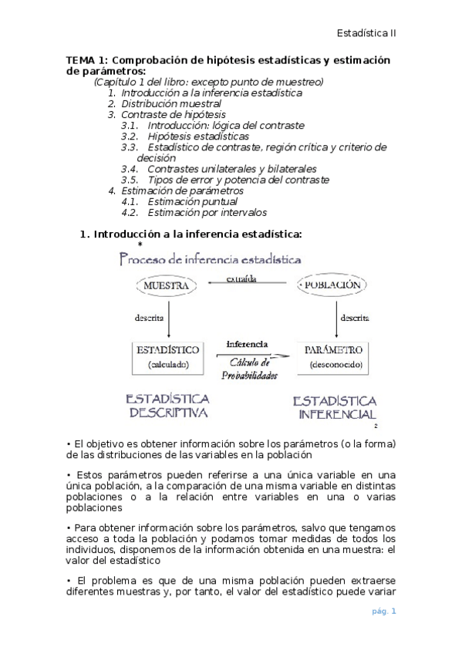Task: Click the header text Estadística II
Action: tap(367, 33)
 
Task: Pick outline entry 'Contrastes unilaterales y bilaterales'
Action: tap(231, 168)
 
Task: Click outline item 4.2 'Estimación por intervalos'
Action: tap(206, 212)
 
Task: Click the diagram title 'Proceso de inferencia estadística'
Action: tap(210, 260)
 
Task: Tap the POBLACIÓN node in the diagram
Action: tap(332, 285)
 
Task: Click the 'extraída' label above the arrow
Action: tap(241, 278)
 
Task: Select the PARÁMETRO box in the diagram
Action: tap(334, 356)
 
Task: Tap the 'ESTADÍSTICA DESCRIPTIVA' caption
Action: tap(169, 406)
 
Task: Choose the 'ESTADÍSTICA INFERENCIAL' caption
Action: tap(335, 408)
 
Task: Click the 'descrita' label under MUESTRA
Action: tap(150, 316)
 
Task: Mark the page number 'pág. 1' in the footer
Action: tap(383, 612)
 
